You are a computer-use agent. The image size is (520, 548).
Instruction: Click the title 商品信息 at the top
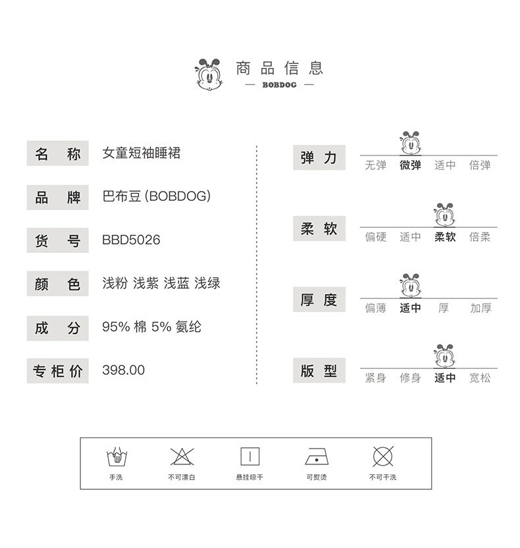point(280,68)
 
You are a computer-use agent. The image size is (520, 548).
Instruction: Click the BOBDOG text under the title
point(280,85)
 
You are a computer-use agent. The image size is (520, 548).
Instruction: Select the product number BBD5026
point(131,240)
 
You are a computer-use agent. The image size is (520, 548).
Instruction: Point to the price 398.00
point(123,370)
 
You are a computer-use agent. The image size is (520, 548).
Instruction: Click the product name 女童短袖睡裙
point(142,153)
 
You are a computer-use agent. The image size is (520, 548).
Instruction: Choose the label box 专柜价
point(57,371)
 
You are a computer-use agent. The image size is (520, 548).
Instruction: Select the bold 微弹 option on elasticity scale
point(410,165)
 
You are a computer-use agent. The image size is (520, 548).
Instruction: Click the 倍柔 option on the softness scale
point(480,237)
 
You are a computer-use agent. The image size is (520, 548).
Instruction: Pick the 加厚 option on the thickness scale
point(481,308)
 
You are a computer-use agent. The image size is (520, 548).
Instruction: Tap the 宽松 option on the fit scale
point(480,378)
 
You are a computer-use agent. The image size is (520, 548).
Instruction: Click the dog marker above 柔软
point(445,215)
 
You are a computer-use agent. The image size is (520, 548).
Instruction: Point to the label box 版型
point(319,371)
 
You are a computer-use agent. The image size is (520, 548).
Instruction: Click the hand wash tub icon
point(116,456)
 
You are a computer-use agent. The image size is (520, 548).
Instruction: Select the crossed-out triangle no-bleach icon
point(181,456)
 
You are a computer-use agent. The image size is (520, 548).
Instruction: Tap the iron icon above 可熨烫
point(317,456)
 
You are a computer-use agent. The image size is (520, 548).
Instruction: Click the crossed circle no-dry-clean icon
point(382,456)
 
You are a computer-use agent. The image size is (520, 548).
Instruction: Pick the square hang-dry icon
point(249,456)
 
